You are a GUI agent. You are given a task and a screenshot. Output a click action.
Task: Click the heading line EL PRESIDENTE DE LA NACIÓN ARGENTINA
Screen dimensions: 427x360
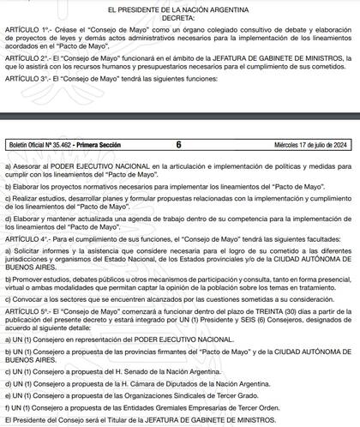tap(179, 7)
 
